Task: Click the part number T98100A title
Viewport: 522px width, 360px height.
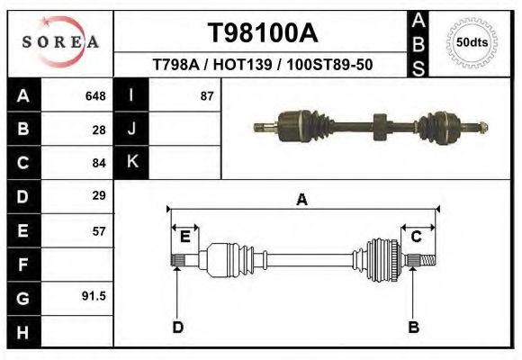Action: click(262, 34)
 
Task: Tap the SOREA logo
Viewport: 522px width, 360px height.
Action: click(60, 43)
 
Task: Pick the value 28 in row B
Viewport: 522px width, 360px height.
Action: click(99, 130)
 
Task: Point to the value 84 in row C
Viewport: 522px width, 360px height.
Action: click(99, 163)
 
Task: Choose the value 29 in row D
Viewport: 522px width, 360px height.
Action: click(99, 195)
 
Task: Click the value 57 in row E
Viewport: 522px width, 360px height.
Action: click(99, 230)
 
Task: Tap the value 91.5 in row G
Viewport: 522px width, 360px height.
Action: click(94, 296)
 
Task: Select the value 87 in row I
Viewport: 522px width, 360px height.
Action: click(206, 96)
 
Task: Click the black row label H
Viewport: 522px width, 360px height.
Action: click(22, 331)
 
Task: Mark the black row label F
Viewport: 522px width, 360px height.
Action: click(22, 265)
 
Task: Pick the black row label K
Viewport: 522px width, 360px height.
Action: click(131, 162)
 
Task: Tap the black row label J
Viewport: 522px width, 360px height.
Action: click(131, 130)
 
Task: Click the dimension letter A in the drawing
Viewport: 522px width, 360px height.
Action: click(302, 199)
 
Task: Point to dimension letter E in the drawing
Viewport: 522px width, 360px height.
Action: click(184, 237)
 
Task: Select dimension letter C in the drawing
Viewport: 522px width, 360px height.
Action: click(417, 237)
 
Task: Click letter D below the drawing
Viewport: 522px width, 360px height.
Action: click(177, 327)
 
